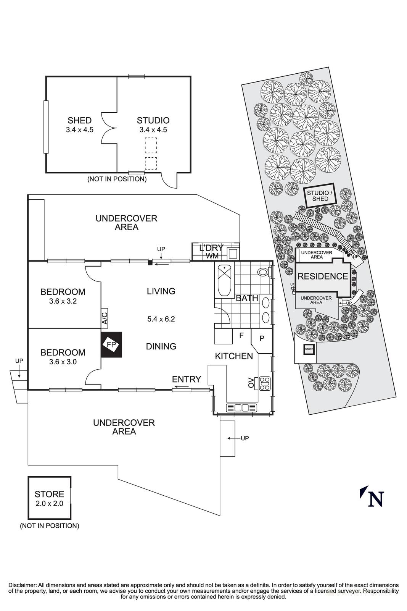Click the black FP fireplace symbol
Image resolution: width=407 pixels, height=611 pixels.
click(111, 344)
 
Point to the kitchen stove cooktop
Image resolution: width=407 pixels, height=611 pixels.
click(265, 383)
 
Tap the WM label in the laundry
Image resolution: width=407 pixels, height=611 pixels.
click(212, 255)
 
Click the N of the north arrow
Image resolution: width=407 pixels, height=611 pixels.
click(376, 498)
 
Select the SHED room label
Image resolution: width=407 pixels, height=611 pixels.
click(79, 121)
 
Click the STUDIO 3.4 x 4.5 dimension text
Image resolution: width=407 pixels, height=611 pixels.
click(153, 130)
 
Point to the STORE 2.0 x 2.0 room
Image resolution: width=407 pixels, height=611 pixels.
click(49, 498)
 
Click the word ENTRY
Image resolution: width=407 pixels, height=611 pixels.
click(186, 379)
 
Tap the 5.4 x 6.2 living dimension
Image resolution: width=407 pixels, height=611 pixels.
click(161, 319)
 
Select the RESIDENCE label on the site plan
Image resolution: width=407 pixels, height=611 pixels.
click(322, 276)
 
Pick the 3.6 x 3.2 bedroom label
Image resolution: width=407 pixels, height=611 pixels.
click(63, 301)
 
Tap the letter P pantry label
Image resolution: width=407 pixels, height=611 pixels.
click(262, 338)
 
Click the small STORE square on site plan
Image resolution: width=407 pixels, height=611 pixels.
click(308, 349)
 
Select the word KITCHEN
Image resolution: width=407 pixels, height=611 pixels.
click(234, 356)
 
